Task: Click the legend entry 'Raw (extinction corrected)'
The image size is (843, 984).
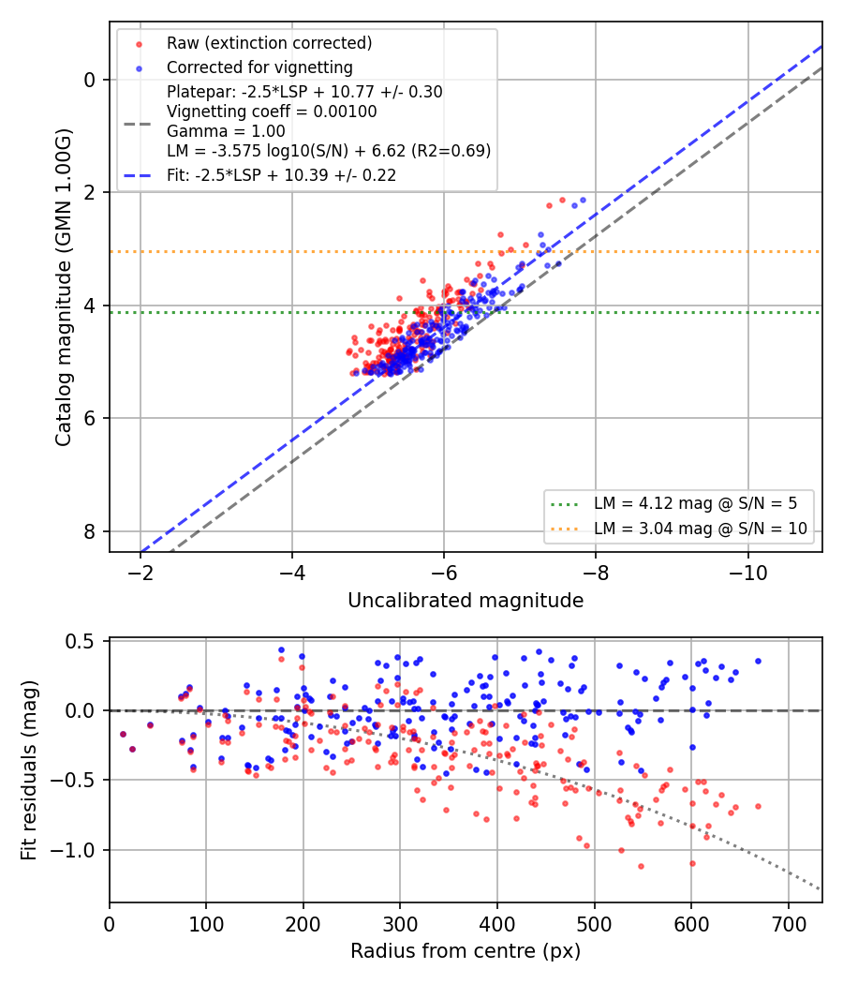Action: coord(269,43)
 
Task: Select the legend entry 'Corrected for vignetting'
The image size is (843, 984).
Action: coord(259,67)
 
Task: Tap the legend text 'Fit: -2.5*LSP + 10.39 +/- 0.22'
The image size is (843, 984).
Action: coord(282,176)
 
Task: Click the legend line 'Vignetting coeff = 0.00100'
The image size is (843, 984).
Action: coord(272,112)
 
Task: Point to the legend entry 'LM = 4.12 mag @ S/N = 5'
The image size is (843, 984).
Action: coord(696,503)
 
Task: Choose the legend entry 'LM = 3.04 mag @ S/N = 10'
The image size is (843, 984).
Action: coord(701,529)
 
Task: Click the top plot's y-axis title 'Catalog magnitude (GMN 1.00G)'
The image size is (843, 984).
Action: coord(63,288)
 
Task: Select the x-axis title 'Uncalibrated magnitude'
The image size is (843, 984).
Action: coord(466,601)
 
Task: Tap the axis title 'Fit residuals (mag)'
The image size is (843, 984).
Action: coord(28,770)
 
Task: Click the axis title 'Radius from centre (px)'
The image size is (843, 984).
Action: coord(466,951)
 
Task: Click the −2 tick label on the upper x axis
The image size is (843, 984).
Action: coord(140,573)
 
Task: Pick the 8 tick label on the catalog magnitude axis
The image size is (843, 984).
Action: coord(90,531)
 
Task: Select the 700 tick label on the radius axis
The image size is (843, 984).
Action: coord(788,924)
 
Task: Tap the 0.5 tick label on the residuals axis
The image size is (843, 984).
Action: coord(80,641)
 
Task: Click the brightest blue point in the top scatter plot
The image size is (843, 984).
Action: coord(583,201)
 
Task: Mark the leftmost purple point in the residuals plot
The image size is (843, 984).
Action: coord(123,734)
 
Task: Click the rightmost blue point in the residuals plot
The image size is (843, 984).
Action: coord(758,661)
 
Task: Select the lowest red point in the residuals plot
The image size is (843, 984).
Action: coord(641,866)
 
